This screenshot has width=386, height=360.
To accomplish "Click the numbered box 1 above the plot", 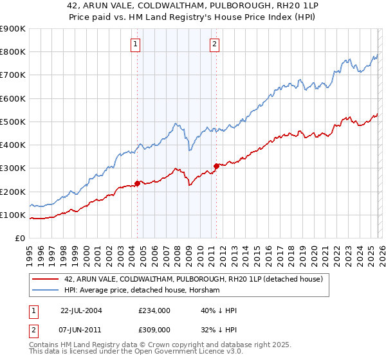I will [136, 44].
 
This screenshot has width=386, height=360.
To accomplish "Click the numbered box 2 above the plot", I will [214, 44].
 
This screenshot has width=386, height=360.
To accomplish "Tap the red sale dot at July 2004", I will [138, 183].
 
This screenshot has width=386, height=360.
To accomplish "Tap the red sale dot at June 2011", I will [216, 166].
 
